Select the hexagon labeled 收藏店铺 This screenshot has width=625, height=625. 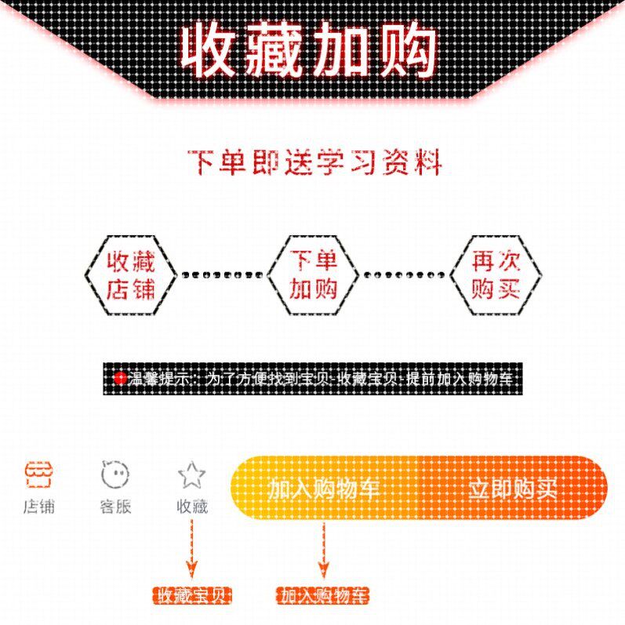pyautogui.click(x=131, y=275)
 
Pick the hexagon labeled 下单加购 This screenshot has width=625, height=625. pyautogui.click(x=313, y=275)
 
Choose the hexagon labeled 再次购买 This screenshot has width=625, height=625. pyautogui.click(x=496, y=275)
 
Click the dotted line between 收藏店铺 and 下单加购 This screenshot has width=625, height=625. pyautogui.click(x=222, y=275)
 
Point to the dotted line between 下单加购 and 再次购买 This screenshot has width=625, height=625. pyautogui.click(x=404, y=275)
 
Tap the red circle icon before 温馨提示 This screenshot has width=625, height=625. pyautogui.click(x=120, y=379)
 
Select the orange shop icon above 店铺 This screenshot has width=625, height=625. pyautogui.click(x=38, y=473)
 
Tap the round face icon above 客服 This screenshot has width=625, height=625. pyautogui.click(x=115, y=474)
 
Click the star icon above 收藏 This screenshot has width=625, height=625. pyautogui.click(x=192, y=474)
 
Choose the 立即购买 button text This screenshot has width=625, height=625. pyautogui.click(x=513, y=489)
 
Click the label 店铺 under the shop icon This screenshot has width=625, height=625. pyautogui.click(x=38, y=506)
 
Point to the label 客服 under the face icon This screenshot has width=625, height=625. pyautogui.click(x=115, y=506)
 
